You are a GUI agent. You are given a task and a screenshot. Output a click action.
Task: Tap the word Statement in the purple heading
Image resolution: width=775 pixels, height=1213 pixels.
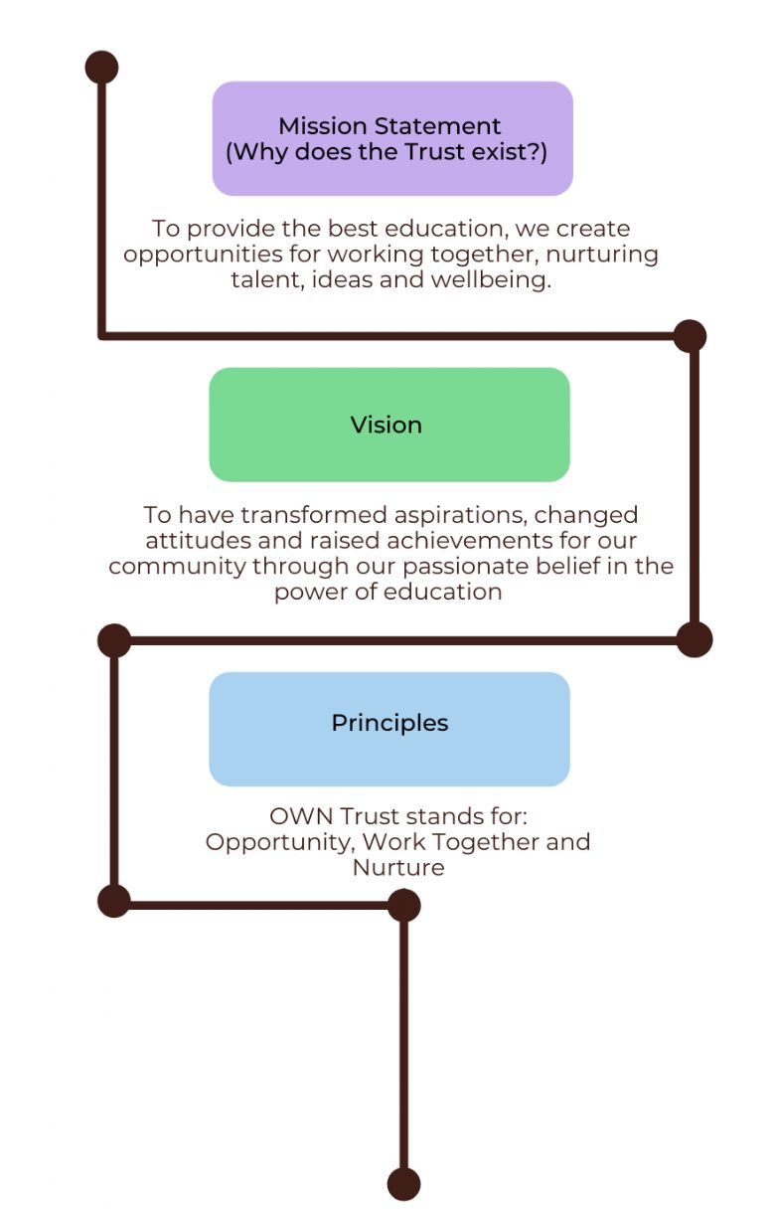coord(437,126)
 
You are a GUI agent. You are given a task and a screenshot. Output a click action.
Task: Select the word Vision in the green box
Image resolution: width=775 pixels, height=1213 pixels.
coord(386,426)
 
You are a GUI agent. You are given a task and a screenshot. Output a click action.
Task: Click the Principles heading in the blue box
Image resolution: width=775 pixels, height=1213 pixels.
coord(389,724)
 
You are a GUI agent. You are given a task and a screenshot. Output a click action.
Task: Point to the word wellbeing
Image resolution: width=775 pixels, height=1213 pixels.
coord(490,280)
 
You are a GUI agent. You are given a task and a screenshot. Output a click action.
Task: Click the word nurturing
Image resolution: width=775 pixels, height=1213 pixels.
coord(602,255)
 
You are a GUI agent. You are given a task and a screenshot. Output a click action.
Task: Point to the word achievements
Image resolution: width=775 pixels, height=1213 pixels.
coord(470,541)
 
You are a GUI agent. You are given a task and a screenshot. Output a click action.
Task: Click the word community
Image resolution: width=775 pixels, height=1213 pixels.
coord(177,567)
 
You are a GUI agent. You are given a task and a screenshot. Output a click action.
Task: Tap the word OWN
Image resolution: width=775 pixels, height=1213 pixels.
coord(300,816)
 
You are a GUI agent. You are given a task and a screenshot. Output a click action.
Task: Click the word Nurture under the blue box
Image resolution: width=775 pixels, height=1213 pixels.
coord(398,868)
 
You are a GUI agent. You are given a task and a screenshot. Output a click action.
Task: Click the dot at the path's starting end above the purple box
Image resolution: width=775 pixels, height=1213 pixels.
coord(101,68)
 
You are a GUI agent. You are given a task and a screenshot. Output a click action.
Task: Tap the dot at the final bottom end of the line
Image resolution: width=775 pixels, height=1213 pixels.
coord(403,1184)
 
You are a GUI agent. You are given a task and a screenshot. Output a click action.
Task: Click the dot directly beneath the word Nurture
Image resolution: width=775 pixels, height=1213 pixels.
coord(403,905)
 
